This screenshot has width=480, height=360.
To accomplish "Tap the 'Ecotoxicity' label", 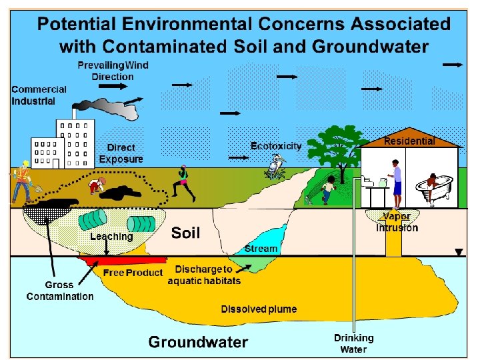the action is tap(276, 145).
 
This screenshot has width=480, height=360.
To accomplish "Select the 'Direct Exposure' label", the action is tap(121, 153).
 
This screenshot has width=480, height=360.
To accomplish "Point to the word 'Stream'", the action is tap(261, 248).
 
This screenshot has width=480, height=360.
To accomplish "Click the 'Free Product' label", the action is tap(133, 273).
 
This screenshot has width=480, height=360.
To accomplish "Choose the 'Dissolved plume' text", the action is tap(259, 309).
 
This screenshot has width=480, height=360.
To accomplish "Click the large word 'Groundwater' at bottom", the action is tap(198, 342).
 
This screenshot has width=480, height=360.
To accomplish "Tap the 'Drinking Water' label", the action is tap(354, 343).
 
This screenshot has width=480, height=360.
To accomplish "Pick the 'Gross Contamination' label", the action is tap(60, 291).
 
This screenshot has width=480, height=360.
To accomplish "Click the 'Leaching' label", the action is tap(112, 236).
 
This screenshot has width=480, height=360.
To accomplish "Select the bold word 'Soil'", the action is tap(186, 233).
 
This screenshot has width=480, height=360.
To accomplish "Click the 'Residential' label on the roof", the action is tap(409, 141).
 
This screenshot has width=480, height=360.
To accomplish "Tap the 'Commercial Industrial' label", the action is tap(39, 95).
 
